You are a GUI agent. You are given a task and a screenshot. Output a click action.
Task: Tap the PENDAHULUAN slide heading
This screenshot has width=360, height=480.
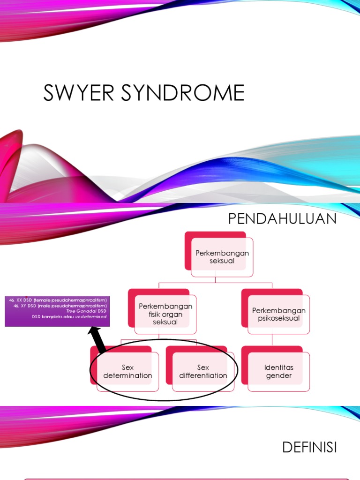coord(282,219)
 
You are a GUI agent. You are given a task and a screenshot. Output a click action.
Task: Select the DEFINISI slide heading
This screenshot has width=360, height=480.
coord(309,448)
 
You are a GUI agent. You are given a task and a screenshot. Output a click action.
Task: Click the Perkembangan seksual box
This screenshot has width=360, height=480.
coord(222,256)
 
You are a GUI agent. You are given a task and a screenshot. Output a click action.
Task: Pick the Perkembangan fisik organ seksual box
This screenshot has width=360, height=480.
coord(165,314)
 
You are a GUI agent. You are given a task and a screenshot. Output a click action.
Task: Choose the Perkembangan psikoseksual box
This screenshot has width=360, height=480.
coord(278,314)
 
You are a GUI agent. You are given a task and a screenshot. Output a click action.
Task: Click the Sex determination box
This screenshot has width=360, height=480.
coord(127,372)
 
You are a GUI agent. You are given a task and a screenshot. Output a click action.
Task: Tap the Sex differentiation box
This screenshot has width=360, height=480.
coord(203,372)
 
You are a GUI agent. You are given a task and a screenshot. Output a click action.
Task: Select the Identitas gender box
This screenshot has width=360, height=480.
coord(278,372)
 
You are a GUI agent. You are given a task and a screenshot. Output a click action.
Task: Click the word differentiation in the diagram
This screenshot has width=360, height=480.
coord(203,375)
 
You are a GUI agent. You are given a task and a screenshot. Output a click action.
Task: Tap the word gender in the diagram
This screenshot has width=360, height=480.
coord(278,375)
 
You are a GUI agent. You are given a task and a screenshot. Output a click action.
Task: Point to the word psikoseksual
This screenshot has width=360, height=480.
coord(278,318)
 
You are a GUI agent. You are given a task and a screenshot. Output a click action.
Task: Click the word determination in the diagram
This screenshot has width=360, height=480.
coord(127,375)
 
